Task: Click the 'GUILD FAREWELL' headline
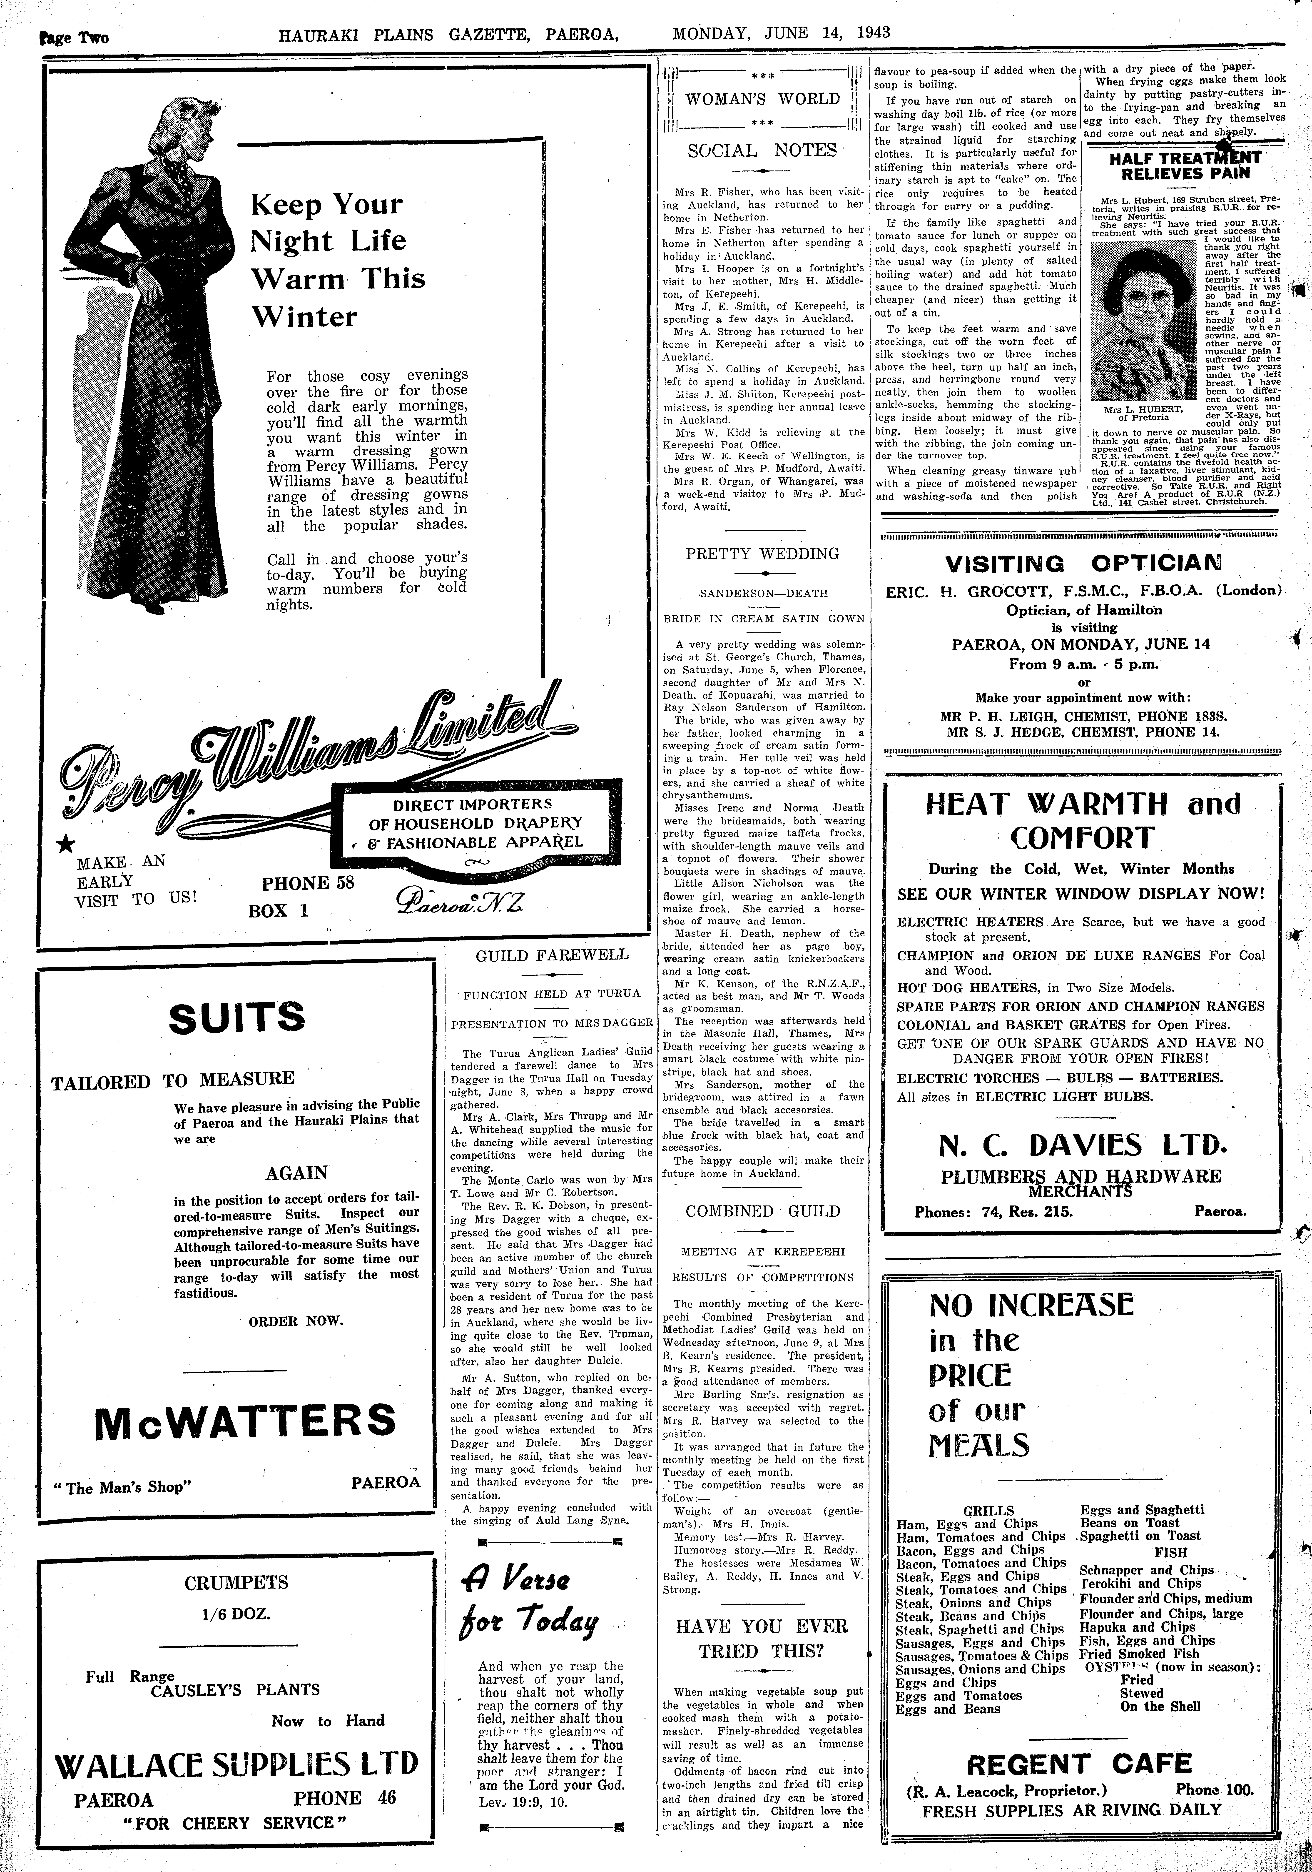click(552, 955)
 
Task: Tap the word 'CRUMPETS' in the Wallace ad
click(236, 1583)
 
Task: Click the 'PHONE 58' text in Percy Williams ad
click(307, 883)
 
